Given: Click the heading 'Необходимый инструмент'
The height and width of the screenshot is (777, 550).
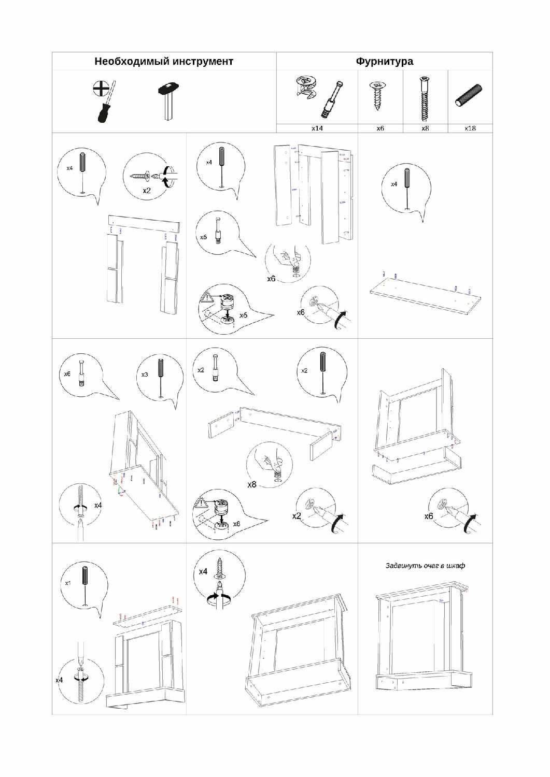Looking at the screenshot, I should (164, 62).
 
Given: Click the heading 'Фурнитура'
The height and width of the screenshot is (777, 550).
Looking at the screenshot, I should (384, 62).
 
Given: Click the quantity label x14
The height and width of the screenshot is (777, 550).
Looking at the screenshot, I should (317, 128).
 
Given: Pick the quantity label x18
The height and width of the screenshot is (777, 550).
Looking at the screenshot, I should (470, 128).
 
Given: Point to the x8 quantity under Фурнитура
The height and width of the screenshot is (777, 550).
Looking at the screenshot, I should (425, 128).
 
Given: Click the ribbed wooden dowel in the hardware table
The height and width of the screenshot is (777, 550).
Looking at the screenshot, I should (469, 96).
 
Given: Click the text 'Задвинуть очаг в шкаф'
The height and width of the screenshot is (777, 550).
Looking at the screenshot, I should (425, 566).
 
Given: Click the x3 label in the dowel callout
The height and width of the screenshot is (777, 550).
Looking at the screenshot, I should (145, 375).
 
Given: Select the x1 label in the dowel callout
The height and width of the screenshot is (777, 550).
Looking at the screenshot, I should (68, 583).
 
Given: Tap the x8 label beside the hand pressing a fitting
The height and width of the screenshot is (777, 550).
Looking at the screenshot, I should (252, 485).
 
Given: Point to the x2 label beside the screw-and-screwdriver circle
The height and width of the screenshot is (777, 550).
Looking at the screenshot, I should (147, 191).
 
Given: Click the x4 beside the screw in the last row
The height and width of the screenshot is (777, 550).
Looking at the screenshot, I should (203, 571).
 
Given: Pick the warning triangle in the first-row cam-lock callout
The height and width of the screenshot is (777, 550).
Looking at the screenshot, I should (207, 298).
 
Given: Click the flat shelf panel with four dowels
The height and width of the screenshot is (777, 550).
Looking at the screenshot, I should (425, 295).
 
